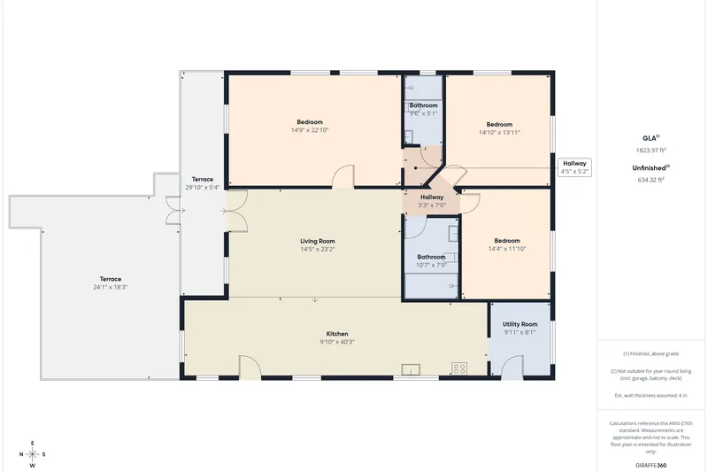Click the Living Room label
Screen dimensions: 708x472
click(x=318, y=241)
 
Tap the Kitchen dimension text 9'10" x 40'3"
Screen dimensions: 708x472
click(x=337, y=342)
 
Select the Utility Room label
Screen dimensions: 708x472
click(x=519, y=324)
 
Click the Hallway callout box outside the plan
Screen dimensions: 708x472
click(x=574, y=167)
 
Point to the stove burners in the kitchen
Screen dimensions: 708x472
click(x=459, y=368)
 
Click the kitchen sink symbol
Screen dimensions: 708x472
click(x=411, y=370)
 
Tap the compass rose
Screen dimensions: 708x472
click(x=33, y=454)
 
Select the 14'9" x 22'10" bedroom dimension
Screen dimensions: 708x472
click(x=310, y=130)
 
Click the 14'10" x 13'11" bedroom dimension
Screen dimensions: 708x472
click(x=499, y=132)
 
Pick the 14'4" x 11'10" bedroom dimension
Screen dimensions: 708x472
click(x=507, y=249)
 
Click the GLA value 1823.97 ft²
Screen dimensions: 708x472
click(x=651, y=150)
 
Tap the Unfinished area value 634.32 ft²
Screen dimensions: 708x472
click(x=650, y=179)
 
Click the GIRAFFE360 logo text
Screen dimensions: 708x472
click(x=650, y=465)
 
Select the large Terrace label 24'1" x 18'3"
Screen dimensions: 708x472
click(x=110, y=283)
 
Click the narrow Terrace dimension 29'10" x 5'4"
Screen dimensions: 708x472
click(x=203, y=187)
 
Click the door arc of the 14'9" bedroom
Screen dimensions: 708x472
click(x=343, y=176)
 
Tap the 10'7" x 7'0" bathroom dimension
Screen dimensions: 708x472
click(x=431, y=265)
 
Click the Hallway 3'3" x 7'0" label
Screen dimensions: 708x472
click(x=432, y=201)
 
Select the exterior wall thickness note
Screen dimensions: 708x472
click(x=650, y=395)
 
